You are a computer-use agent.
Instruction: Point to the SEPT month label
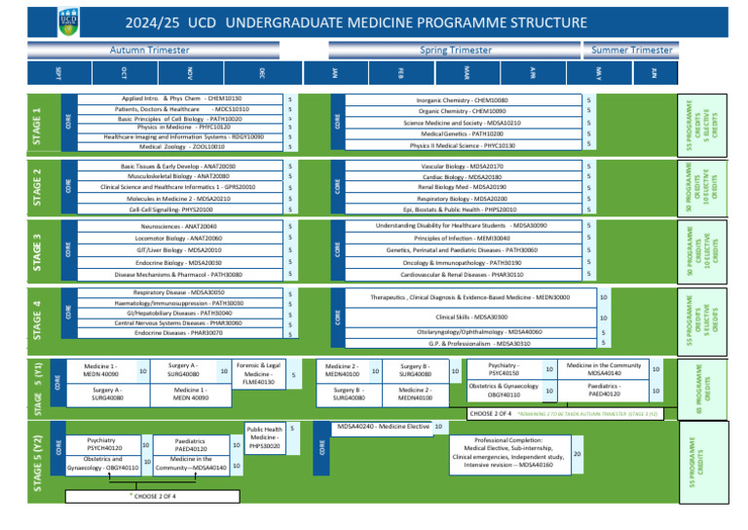pyautogui.click(x=59, y=73)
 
